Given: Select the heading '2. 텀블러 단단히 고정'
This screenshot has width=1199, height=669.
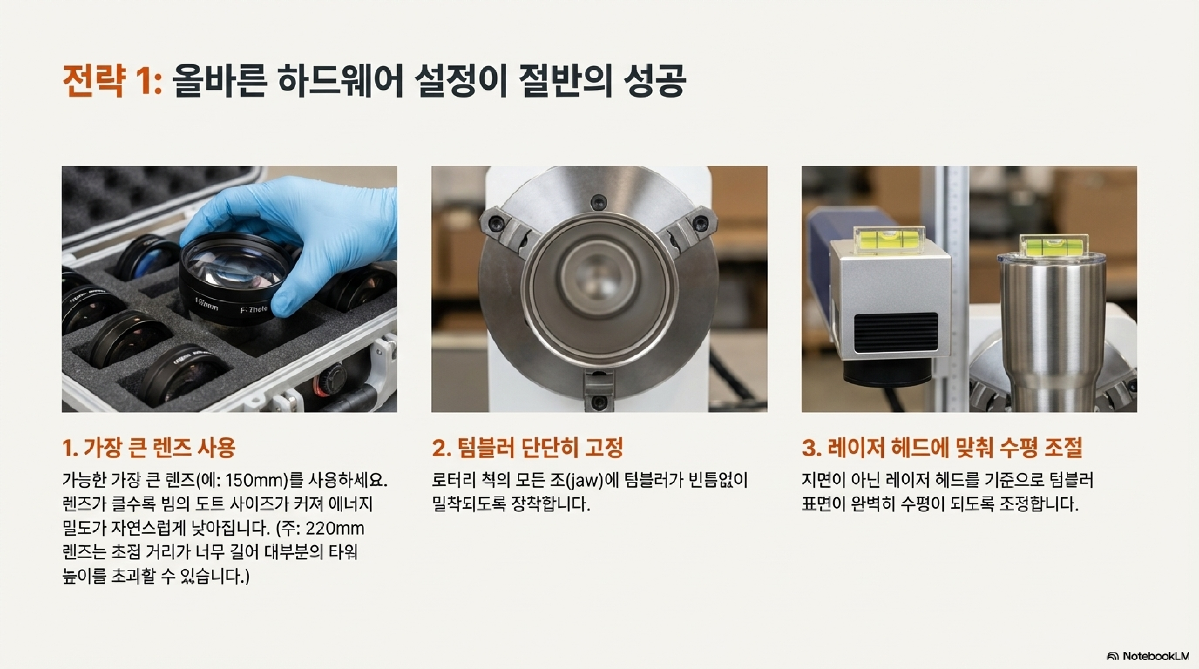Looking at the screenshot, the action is [x=527, y=448].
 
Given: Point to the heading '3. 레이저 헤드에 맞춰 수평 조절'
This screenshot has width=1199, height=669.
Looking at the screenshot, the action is [x=942, y=448].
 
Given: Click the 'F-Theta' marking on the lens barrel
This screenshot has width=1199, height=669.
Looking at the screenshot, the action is [x=254, y=309].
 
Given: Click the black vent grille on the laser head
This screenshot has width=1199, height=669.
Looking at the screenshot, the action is [x=896, y=334].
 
